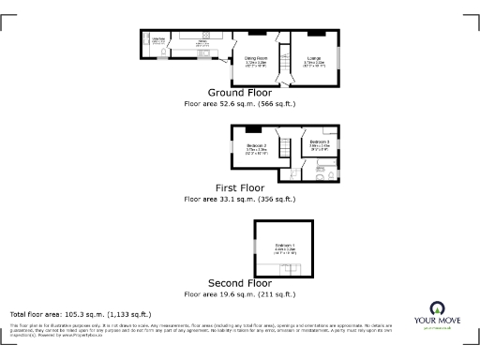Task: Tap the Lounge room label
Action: coord(314,58)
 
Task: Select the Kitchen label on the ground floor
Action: coord(202,40)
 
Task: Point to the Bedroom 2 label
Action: coord(258,145)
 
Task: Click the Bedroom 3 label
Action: coord(320,142)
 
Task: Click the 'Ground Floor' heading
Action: coord(239,93)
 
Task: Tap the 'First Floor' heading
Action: coord(239,187)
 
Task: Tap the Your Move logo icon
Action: coord(436,307)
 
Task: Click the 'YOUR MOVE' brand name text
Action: coord(436,321)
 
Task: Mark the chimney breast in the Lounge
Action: coord(309,34)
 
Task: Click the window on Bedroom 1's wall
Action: coord(254,245)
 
